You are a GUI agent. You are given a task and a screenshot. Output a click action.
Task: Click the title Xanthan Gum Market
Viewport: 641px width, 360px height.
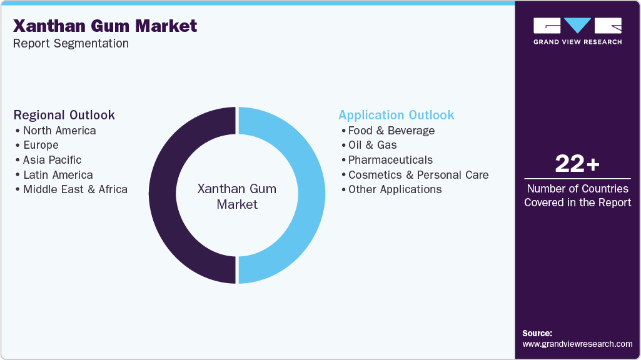pos(105,26)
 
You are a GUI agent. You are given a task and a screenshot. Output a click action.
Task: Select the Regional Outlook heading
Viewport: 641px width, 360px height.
pos(64,115)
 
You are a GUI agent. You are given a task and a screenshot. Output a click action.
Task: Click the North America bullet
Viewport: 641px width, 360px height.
pos(59,131)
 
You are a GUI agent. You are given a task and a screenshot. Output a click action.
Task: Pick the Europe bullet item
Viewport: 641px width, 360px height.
pos(41,145)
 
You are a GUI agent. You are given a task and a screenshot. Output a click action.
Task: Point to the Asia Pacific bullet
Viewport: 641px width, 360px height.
pos(52,160)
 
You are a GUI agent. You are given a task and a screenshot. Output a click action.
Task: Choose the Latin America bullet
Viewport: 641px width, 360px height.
pos(58,175)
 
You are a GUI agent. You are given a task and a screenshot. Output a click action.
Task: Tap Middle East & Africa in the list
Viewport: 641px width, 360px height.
pos(75,189)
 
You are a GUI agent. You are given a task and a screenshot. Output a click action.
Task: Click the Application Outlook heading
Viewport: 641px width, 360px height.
pos(396,115)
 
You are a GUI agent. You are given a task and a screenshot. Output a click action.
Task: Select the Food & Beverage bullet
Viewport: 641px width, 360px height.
pos(391,131)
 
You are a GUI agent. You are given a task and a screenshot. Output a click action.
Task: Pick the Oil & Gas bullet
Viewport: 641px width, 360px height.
pos(372,145)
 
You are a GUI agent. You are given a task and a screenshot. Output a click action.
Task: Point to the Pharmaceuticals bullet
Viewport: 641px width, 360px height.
pos(390,160)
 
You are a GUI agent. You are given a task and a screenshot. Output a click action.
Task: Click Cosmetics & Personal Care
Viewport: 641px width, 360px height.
pos(418,175)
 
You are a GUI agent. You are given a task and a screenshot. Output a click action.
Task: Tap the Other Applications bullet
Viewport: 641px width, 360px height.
pos(395,189)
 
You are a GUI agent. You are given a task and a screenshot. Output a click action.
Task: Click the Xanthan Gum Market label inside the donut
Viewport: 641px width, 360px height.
pos(237,196)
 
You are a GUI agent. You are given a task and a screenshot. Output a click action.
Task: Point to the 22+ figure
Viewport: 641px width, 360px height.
pos(577,164)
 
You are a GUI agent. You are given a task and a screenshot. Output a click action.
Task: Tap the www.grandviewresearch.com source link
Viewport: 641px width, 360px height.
pos(577,344)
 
